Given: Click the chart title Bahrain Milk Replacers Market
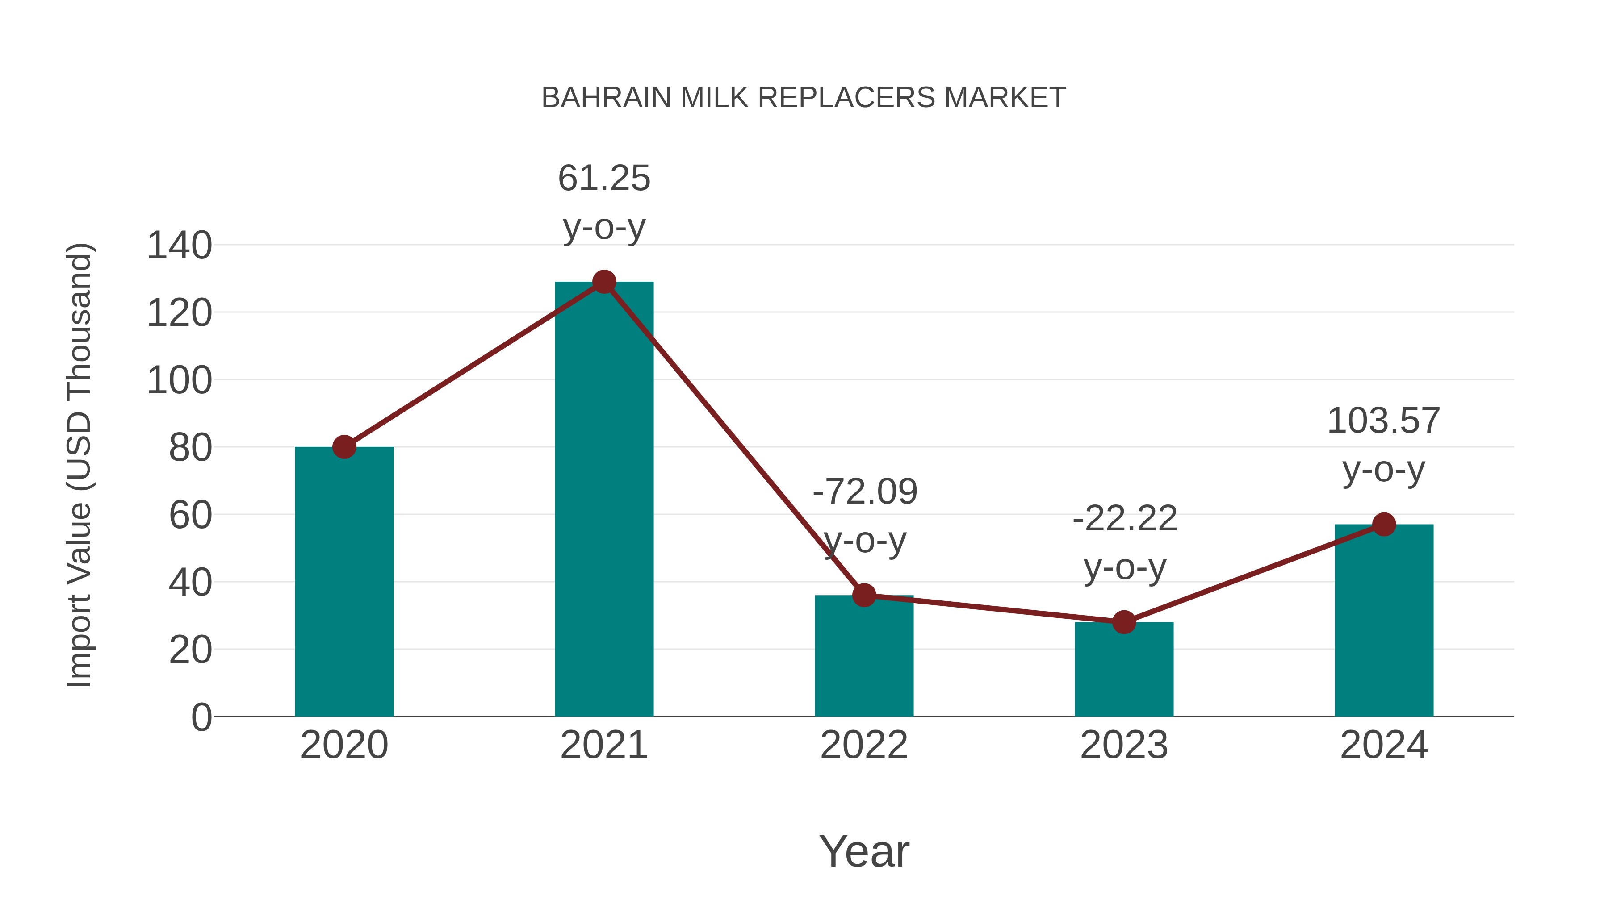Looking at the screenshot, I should coord(804,98).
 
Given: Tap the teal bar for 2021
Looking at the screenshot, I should coord(603,499).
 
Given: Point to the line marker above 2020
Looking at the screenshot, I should coord(344,447).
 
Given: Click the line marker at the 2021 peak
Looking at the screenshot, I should coord(603,282).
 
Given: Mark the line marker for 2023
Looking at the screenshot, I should coord(1124,622).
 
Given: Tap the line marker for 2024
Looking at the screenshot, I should coord(1384,525).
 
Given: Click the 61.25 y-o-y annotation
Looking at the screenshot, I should coord(603,202).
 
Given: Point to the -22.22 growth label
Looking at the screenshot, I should coord(1124,543).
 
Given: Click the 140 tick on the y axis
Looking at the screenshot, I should coord(179,245).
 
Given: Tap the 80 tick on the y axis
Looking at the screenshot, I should coord(190,447).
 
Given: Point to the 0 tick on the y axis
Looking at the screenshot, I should coord(201,717).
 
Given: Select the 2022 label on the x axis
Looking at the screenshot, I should coord(864,745).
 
